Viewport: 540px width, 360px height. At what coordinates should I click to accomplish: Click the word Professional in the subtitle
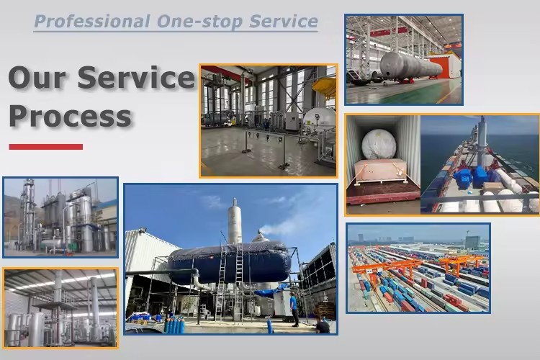[92, 22]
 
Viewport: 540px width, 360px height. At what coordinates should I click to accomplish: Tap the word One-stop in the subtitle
[199, 22]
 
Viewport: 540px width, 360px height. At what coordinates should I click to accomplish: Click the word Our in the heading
[37, 77]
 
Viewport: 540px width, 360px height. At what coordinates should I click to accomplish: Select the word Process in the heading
[71, 116]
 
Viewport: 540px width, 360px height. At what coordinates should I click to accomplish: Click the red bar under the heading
[46, 147]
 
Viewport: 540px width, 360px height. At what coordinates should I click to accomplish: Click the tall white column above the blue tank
[235, 221]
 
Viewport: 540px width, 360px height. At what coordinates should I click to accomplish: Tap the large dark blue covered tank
[230, 263]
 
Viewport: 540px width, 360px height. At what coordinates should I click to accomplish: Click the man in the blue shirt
[294, 309]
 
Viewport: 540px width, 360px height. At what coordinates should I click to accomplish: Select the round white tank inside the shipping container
[379, 144]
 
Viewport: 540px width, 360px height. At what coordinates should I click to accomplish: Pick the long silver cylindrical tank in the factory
[411, 66]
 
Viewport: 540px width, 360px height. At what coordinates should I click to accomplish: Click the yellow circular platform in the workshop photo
[324, 87]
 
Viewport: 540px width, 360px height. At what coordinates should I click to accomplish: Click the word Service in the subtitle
[284, 22]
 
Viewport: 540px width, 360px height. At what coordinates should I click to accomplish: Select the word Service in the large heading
[135, 77]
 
